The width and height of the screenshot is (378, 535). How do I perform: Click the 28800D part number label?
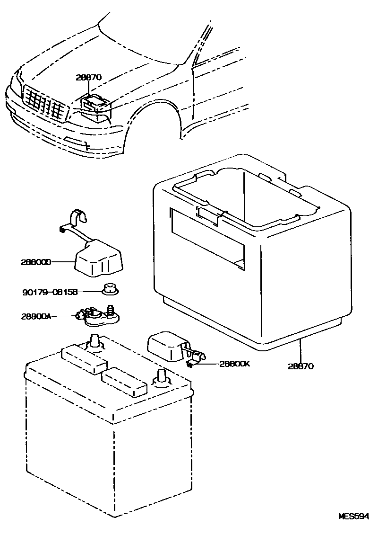coord(35,261)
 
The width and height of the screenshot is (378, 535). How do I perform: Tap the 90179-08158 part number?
coord(50,292)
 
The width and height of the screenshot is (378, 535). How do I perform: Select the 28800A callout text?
coord(35,316)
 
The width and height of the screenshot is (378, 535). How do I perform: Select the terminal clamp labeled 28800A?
coord(98,316)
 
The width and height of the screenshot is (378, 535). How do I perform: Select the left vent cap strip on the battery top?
coord(84,360)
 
